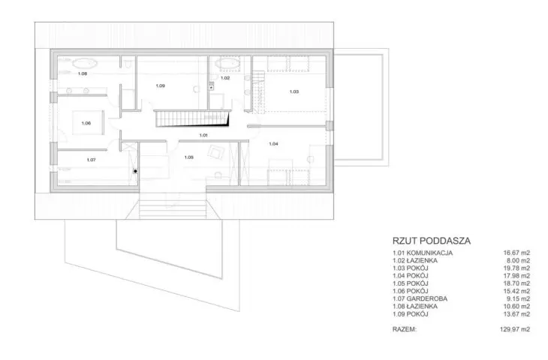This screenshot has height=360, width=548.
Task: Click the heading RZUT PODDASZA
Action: pos(432,241)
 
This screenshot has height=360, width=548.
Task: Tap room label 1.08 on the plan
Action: pos(83,73)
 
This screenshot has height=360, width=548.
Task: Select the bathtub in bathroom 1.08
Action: pos(85,64)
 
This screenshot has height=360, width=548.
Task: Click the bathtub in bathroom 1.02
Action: pos(227,64)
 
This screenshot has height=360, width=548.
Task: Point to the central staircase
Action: pos(192,118)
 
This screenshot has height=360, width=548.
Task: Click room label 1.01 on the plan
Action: pos(203,135)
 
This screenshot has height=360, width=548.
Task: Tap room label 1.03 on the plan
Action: pos(294,91)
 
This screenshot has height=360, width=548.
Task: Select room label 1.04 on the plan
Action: pos(274,144)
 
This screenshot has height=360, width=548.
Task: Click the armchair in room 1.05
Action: pos(216,152)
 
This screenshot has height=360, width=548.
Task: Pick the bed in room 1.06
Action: pos(88,122)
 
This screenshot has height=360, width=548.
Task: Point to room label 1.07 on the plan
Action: pos(92,160)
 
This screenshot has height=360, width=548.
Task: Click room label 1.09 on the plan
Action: pos(161,86)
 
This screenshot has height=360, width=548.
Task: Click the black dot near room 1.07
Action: pos(135,172)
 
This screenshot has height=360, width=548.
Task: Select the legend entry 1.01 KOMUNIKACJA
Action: pos(423,253)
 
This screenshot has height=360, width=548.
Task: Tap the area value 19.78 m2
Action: pos(517,268)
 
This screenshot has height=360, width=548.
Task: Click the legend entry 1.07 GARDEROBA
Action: pos(420,298)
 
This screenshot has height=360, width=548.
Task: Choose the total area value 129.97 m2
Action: pos(515,329)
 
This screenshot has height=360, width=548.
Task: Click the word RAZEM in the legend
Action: pos(405,329)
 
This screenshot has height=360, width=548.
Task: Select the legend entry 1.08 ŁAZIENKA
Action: pos(415,306)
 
